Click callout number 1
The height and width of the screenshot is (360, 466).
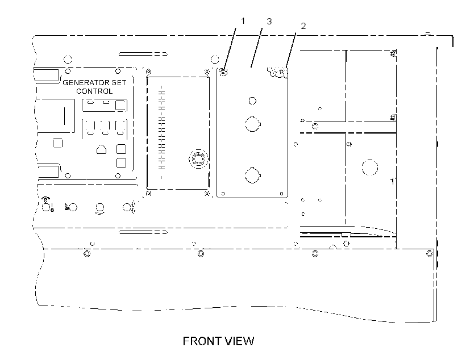243,21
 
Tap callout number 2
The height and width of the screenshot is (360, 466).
303,26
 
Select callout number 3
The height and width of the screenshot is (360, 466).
269,22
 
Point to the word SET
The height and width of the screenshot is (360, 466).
119,82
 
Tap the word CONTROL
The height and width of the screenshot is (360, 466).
94,91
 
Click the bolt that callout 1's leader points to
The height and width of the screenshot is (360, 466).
223,72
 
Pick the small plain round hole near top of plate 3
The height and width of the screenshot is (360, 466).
252,101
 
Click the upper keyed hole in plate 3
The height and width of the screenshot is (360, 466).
253,124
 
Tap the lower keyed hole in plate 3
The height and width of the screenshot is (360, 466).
253,175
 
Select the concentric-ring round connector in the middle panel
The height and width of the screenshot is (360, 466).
198,158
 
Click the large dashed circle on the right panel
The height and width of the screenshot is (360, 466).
370,168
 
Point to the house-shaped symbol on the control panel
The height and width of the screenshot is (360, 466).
101,149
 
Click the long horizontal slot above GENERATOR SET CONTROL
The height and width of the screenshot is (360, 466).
143,54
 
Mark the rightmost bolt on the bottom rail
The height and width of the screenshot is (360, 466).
429,254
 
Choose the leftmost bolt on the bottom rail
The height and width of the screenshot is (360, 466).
87,254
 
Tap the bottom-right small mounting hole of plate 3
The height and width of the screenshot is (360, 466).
281,194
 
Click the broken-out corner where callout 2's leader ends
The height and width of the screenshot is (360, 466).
278,72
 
